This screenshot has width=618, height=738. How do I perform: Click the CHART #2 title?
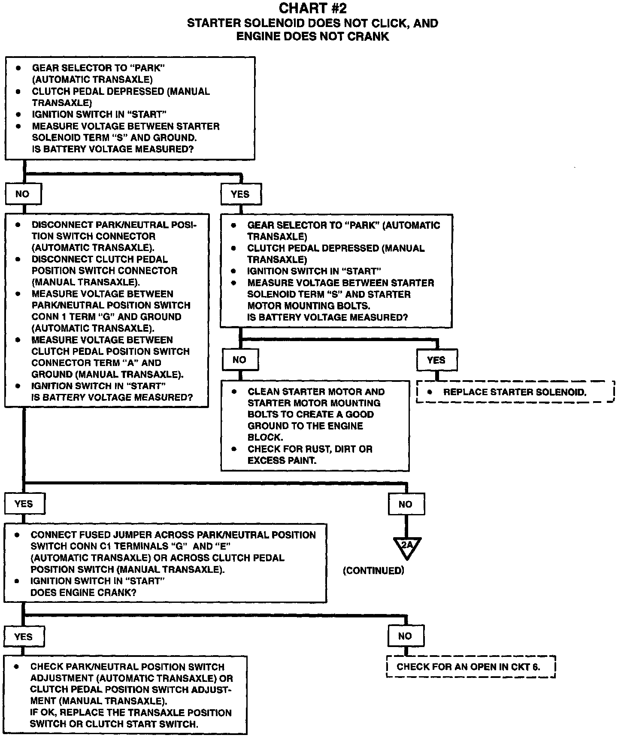coord(312,8)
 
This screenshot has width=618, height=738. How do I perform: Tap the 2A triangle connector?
coord(406,547)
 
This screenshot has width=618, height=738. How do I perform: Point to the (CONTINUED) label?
coord(373,571)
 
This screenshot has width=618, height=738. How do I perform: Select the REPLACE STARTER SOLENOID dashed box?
coord(515,392)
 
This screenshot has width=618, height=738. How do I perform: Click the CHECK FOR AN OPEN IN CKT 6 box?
coord(471,667)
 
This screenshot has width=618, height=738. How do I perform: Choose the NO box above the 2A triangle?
coord(406,504)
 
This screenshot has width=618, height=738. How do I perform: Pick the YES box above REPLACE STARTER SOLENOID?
coord(436,360)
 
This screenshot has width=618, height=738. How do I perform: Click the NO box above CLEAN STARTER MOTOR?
coord(240,360)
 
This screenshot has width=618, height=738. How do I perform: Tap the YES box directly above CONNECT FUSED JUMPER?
coord(24,504)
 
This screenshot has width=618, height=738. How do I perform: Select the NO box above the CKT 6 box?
coord(405,636)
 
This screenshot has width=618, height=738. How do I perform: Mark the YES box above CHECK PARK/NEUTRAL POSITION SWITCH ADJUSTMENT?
coord(24,636)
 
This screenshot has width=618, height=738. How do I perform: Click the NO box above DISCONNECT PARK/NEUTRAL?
coord(23,194)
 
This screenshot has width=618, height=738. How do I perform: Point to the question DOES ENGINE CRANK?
coord(84,593)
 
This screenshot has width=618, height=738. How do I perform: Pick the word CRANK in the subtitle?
coord(368,36)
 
